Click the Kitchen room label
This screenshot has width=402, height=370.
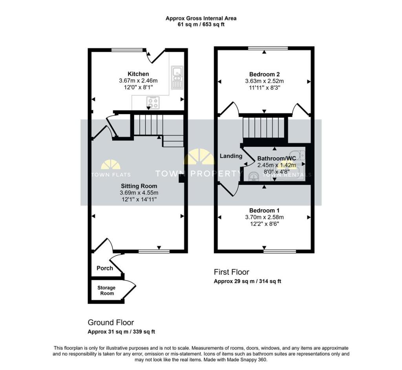[x=138, y=74]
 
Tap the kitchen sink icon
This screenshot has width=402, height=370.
[x=177, y=77]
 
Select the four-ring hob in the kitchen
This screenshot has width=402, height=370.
[x=153, y=103]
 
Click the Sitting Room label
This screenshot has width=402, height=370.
[x=139, y=186]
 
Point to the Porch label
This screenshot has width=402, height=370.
[x=104, y=268]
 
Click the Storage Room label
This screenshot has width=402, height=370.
[x=106, y=290]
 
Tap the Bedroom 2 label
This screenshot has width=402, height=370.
[x=264, y=74]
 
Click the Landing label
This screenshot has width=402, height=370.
[x=231, y=156]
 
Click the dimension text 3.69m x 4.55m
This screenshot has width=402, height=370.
[x=139, y=192]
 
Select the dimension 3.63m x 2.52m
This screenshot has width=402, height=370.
[x=264, y=81]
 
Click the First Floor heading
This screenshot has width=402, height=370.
[x=231, y=272]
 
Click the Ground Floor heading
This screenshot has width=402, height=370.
[x=111, y=323]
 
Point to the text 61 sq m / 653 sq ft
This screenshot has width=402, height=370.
[x=201, y=24]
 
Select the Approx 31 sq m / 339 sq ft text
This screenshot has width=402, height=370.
[x=121, y=332]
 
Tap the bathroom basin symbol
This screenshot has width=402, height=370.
[x=254, y=177]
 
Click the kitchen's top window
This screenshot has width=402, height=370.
[x=127, y=50]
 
